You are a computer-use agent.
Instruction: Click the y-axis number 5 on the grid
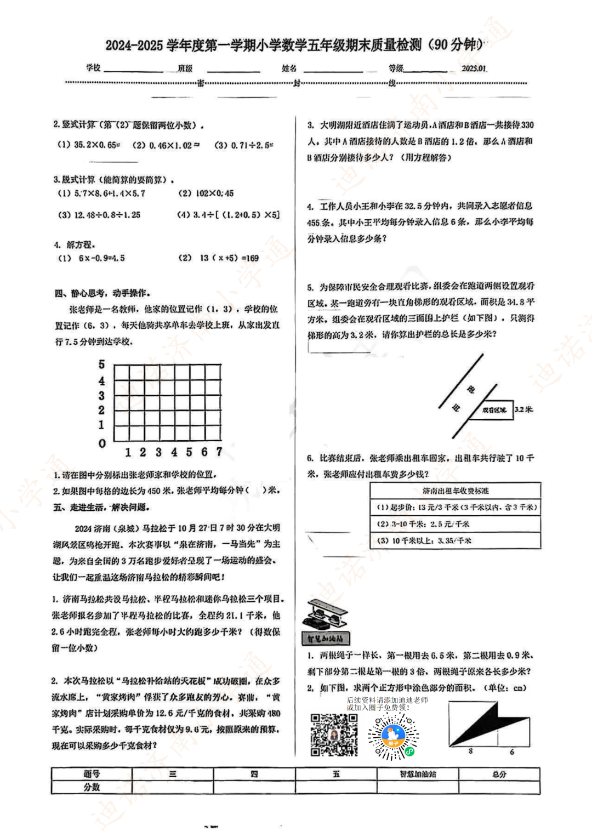click(101, 365)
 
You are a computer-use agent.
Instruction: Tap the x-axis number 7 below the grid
click(219, 452)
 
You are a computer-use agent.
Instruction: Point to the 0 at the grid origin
click(102, 443)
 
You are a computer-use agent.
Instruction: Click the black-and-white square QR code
click(334, 735)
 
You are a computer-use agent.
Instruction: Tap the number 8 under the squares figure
click(470, 751)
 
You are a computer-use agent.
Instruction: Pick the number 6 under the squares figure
click(512, 751)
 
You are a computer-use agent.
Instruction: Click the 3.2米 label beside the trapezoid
click(523, 409)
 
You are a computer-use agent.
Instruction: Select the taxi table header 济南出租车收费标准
click(456, 491)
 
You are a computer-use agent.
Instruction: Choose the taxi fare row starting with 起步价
click(456, 508)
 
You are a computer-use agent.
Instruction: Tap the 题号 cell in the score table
click(92, 773)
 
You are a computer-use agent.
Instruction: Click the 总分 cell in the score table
click(499, 773)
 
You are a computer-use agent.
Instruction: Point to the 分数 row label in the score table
click(92, 787)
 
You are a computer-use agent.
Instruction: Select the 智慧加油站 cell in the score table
click(418, 773)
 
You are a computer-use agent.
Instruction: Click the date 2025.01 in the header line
click(474, 69)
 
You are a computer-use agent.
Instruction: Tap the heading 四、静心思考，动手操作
click(103, 293)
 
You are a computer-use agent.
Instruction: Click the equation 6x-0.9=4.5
click(101, 258)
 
